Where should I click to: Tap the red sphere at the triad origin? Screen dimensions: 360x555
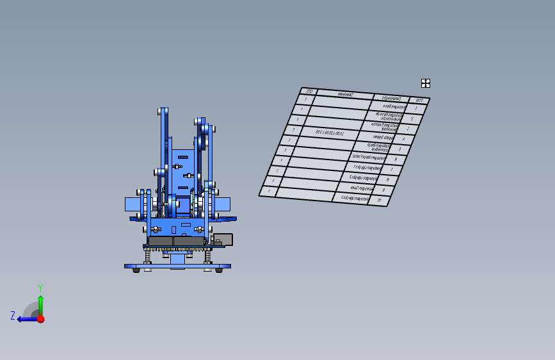coord(40,318)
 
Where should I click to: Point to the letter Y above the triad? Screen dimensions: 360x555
coord(40,288)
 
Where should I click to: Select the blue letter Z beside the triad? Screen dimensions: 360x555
coord(13,315)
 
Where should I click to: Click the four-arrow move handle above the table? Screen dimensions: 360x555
coord(425,83)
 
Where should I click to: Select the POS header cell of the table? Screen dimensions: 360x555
coord(419,101)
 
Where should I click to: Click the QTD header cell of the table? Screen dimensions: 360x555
coord(309,92)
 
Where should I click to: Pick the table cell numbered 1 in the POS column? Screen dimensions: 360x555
coord(416,110)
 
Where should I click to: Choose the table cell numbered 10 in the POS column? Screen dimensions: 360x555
coord(380,200)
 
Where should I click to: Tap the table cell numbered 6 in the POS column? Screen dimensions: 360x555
coord(396,159)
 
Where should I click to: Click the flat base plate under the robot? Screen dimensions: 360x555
coord(177,266)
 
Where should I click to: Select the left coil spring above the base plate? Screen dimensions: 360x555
coord(148,256)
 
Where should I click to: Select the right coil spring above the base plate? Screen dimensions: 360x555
coord(207,256)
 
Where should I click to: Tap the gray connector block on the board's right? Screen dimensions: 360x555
coord(223,240)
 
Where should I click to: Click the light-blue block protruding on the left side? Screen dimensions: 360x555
coord(133,204)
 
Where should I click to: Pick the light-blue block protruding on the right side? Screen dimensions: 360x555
coord(222,204)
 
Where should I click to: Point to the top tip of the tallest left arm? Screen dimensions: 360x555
coord(163,111)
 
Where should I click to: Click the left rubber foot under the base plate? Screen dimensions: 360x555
coord(136,270)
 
